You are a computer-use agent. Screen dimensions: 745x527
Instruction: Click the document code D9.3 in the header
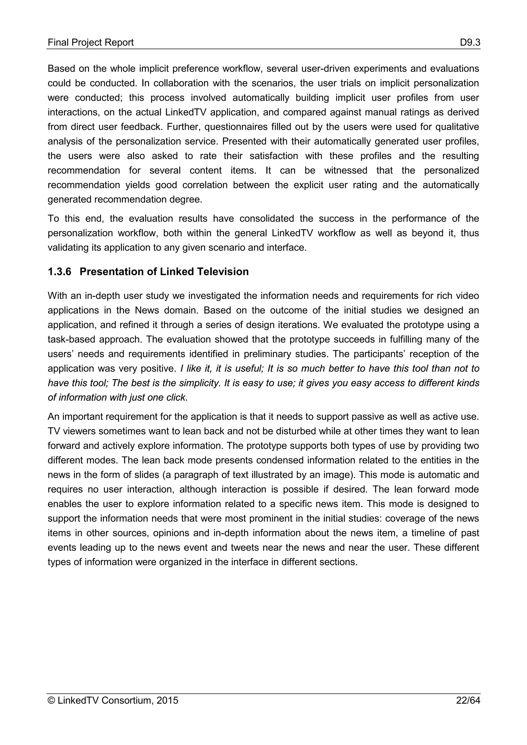[470, 42]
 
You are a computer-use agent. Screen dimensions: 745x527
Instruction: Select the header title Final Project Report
[91, 42]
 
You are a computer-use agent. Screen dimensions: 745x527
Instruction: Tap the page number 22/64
[468, 710]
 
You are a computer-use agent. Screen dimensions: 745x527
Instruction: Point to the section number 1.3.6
[59, 272]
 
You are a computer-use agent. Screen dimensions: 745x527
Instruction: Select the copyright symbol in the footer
[51, 710]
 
